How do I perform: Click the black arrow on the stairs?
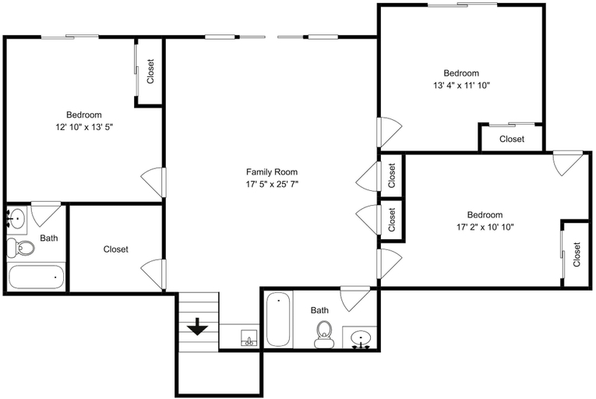click(x=197, y=327)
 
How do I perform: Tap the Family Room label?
click(x=272, y=172)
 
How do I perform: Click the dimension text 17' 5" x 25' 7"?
click(x=272, y=185)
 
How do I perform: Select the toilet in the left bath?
click(x=21, y=248)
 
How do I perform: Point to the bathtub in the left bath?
click(x=37, y=277)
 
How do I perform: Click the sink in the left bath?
click(x=16, y=218)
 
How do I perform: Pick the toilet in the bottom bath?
click(x=323, y=334)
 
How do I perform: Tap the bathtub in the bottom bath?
click(x=279, y=320)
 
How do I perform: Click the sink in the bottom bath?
click(x=361, y=337)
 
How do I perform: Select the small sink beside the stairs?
click(x=249, y=337)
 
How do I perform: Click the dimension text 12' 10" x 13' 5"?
click(x=84, y=127)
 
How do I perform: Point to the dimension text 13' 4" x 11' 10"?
click(x=461, y=86)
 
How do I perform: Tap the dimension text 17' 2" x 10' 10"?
click(x=485, y=228)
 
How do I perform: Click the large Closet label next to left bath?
click(x=116, y=249)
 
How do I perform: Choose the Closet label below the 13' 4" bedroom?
click(x=512, y=139)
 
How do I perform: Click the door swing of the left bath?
click(x=46, y=215)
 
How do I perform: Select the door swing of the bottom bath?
click(x=355, y=299)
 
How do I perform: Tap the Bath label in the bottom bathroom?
click(x=319, y=310)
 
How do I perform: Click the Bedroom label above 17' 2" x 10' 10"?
click(x=485, y=214)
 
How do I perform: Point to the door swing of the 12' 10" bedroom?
click(x=153, y=182)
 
